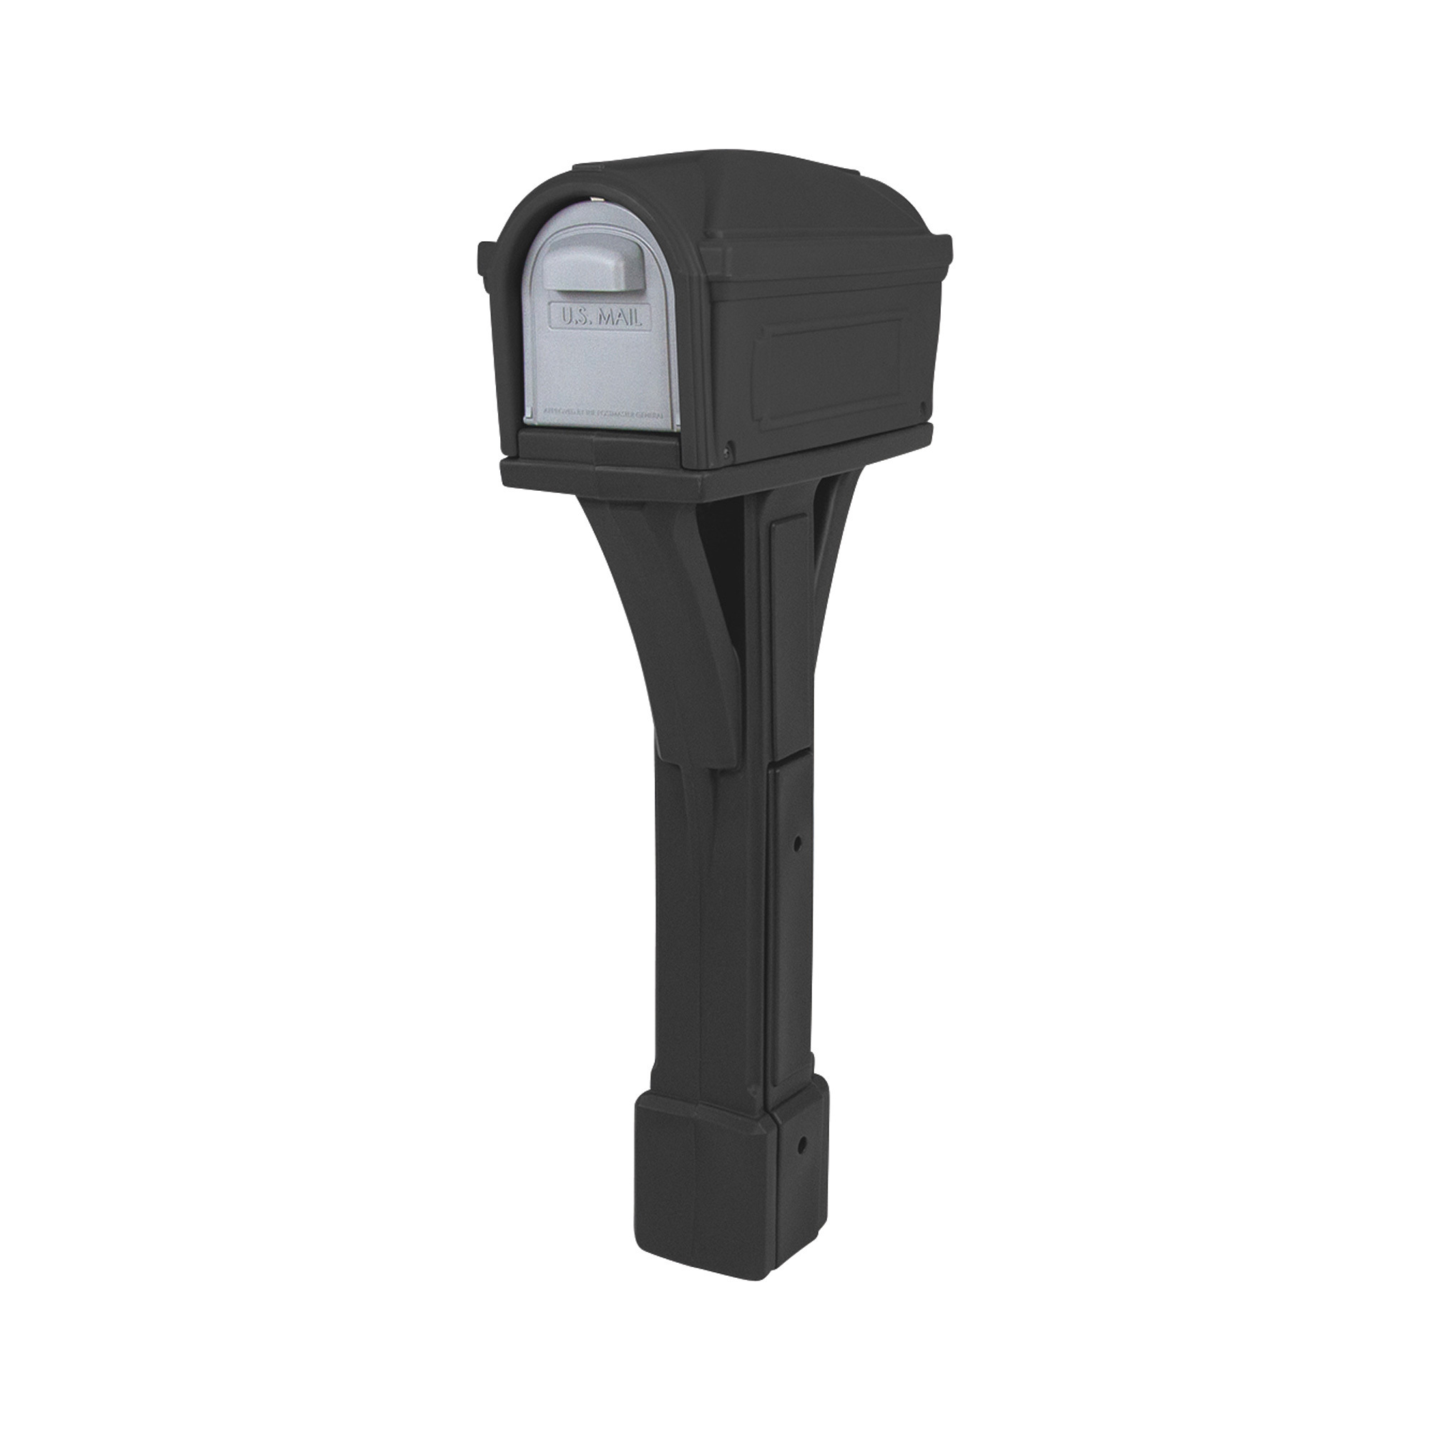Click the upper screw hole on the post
click(798, 843)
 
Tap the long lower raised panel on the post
click(791, 926)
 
